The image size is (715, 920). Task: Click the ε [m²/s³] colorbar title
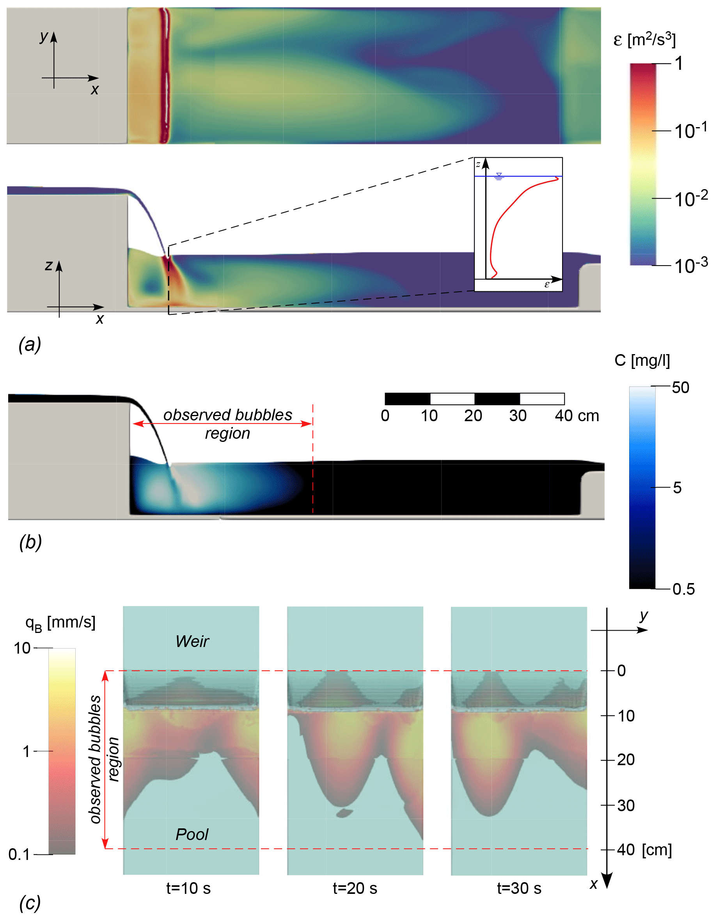tap(644, 40)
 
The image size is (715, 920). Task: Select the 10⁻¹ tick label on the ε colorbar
tap(690, 131)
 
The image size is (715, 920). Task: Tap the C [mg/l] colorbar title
tap(642, 361)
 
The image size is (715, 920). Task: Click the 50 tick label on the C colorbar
tap(680, 388)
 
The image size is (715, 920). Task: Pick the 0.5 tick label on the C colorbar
tap(683, 589)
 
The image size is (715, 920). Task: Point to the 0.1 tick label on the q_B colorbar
tap(19, 854)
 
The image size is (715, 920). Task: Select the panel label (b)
tap(30, 542)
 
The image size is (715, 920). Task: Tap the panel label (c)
tap(30, 903)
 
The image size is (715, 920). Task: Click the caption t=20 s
tap(355, 888)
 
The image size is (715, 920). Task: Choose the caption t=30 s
tap(519, 888)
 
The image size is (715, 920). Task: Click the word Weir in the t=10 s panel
tap(192, 641)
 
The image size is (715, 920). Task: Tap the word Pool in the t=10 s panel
tap(192, 834)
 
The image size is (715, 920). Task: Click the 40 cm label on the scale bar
tap(577, 416)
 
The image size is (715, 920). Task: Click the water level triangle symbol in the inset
tap(499, 175)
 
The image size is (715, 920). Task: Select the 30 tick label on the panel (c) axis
tap(626, 805)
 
